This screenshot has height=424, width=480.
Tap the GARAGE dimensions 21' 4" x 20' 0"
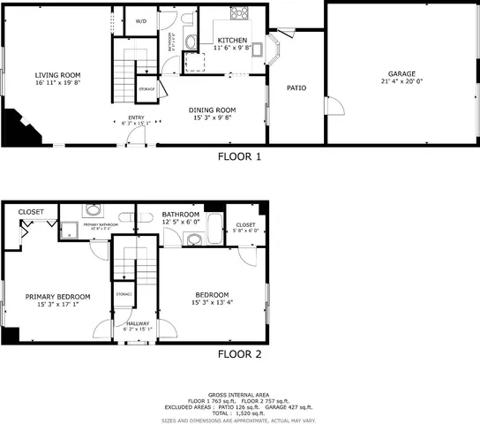point(401,82)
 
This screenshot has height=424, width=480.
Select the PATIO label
point(296,87)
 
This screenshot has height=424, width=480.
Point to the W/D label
point(140,20)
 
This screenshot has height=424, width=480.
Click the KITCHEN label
point(233,41)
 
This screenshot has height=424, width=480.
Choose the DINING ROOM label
point(213,110)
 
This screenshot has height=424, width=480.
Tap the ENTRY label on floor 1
point(136,117)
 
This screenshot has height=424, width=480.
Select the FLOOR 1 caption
point(239,157)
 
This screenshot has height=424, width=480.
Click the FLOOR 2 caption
point(239,355)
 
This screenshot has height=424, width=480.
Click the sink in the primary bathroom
point(93,211)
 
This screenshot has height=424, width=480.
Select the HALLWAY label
point(137,324)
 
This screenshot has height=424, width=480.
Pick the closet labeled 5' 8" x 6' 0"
point(245,228)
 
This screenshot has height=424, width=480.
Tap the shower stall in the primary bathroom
point(66,231)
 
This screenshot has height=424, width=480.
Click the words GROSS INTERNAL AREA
point(239,394)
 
